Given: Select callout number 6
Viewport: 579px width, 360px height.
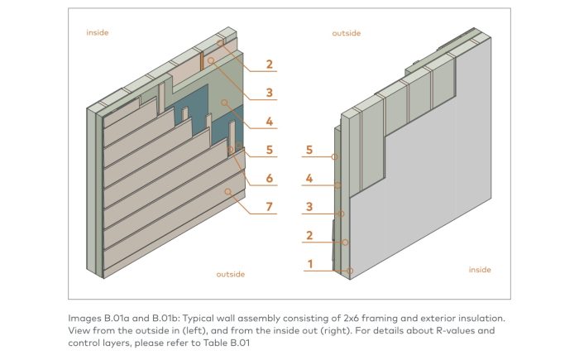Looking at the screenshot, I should [x=269, y=179].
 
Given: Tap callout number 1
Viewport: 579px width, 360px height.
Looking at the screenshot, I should [x=309, y=264].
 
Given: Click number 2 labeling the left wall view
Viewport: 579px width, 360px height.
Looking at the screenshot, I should [x=269, y=64].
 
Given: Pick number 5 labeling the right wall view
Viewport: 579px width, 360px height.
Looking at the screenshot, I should [x=309, y=150].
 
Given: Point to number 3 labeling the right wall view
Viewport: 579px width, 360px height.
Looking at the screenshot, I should [x=309, y=207].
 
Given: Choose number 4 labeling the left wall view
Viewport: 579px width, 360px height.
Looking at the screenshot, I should [x=269, y=121].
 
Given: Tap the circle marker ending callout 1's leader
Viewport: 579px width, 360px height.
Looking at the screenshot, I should [x=350, y=271].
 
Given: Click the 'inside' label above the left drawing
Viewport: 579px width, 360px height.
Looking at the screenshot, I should [x=98, y=33].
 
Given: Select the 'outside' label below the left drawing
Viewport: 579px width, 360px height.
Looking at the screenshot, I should [x=231, y=274].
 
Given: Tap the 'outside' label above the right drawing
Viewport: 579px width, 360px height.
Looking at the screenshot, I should [x=347, y=33].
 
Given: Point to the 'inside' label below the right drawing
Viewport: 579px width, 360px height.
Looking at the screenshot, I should [x=480, y=270].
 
